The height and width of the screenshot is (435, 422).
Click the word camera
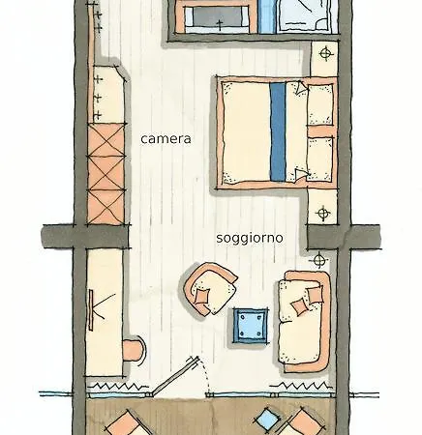166,139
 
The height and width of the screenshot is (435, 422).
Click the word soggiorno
250,238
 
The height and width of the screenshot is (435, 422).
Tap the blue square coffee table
251,325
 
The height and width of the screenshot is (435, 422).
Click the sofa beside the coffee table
304,321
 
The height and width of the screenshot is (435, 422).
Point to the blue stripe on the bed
278,131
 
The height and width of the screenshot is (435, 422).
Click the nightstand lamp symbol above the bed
326,53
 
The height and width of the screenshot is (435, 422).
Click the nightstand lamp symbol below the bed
323,213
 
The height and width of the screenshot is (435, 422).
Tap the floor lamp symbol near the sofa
318,260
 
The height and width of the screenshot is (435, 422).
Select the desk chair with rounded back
134,350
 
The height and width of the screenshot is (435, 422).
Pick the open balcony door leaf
174,376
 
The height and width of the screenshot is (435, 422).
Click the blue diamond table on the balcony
267,420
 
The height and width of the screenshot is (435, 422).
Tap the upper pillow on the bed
319,104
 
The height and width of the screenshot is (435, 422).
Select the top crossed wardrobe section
106,140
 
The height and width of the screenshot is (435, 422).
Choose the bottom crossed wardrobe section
106,207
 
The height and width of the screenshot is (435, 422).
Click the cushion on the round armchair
202,296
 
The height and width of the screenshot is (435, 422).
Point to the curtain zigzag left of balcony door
118,386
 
